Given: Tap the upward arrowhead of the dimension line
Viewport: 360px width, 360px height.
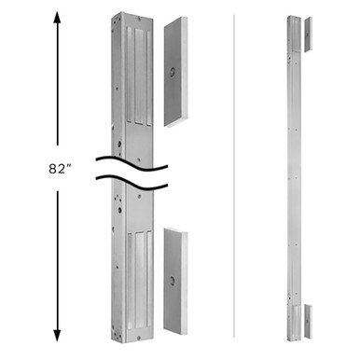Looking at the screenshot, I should click(x=58, y=14).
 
